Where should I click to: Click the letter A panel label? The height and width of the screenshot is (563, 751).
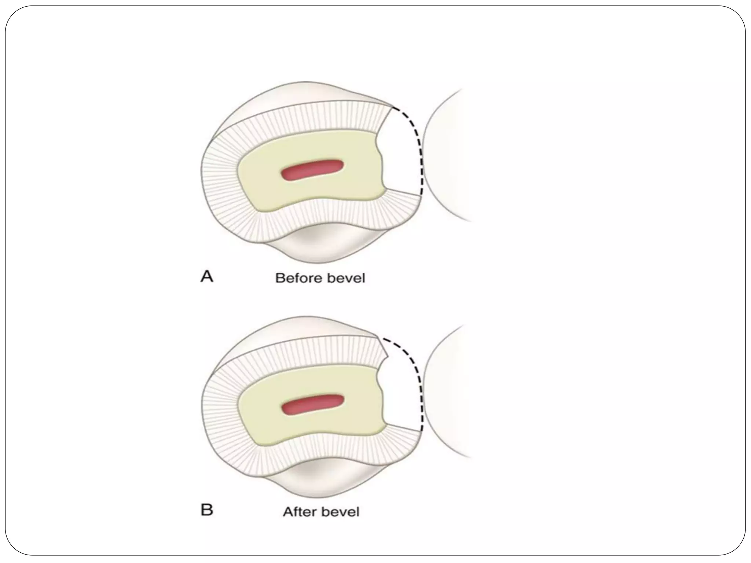click(x=207, y=277)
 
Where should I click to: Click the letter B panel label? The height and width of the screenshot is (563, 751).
click(x=207, y=510)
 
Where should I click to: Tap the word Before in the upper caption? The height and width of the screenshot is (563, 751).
click(x=297, y=278)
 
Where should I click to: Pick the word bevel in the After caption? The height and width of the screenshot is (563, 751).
click(x=340, y=512)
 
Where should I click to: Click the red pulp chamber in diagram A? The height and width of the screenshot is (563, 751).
click(x=312, y=170)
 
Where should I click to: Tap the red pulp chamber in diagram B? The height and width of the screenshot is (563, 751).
click(x=312, y=405)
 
